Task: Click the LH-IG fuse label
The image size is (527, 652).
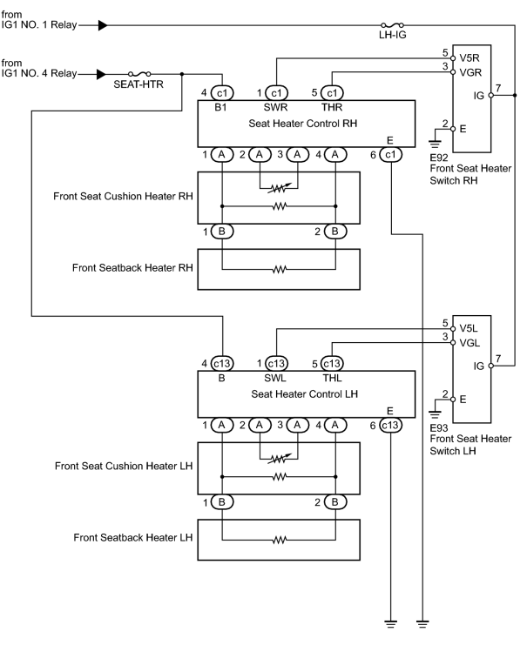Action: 392,35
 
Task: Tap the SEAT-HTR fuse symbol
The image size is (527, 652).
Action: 139,74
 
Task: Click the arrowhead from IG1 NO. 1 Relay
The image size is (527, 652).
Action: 103,25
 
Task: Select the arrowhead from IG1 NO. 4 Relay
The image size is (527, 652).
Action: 102,74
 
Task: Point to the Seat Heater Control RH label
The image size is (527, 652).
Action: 303,124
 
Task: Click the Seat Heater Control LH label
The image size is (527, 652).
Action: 304,393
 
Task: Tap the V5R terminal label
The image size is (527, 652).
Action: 470,58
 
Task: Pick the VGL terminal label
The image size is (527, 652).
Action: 470,343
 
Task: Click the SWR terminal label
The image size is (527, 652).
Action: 275,107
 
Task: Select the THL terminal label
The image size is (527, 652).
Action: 332,378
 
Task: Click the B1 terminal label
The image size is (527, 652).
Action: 220,107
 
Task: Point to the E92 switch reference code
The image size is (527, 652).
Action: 439,158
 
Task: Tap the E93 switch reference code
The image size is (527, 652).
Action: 439,428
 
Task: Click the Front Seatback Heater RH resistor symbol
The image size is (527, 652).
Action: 279,270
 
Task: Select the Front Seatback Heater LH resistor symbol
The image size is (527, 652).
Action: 279,541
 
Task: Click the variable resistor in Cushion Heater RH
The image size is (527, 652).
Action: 279,188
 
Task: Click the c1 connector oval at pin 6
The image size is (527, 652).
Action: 390,155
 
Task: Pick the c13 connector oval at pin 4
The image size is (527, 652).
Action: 222,363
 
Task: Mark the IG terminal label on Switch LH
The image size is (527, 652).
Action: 479,366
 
